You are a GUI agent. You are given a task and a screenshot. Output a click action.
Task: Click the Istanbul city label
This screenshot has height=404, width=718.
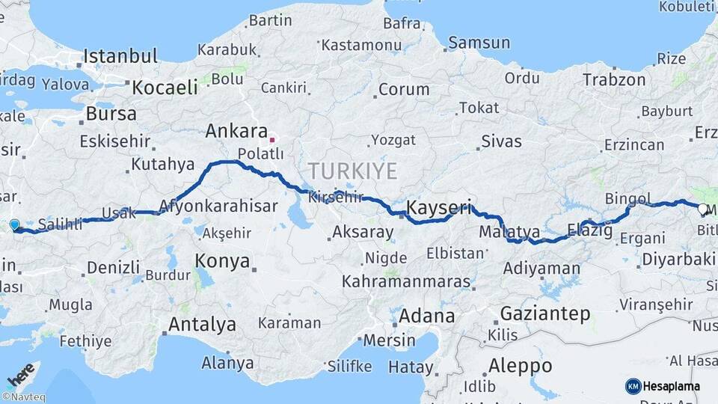(x=120, y=56)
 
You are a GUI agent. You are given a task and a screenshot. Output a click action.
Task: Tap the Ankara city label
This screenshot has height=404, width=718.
(x=231, y=132)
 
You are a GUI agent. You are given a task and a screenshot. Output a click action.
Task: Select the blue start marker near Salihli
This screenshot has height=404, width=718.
(x=14, y=224)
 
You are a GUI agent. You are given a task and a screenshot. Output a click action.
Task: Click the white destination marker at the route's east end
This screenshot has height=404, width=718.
(x=703, y=209)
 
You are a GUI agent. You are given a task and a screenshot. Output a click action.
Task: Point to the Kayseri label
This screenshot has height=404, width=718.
(x=439, y=208)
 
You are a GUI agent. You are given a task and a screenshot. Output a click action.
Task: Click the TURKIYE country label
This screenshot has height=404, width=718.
(x=352, y=171)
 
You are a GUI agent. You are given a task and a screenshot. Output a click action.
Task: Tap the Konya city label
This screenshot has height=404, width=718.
(x=222, y=261)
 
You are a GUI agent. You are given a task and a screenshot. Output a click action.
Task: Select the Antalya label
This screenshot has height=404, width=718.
(x=202, y=325)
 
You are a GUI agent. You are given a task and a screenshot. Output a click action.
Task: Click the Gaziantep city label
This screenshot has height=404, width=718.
(x=544, y=313)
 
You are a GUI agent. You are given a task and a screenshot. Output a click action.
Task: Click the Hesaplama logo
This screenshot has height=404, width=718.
(x=663, y=386)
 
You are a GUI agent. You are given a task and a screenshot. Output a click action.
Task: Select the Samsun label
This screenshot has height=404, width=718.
(x=479, y=43)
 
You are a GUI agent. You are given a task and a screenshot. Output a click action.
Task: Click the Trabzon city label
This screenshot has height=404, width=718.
(x=614, y=79)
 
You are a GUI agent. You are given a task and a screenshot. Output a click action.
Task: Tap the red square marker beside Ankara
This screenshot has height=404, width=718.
(x=272, y=139)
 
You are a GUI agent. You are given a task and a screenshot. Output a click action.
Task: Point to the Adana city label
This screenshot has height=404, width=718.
(x=426, y=316)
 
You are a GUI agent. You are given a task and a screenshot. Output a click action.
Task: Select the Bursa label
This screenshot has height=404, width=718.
(x=111, y=114)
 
